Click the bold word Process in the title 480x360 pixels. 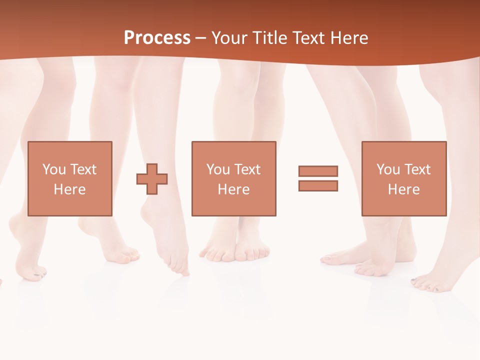(157, 38)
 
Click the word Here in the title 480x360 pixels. (349, 38)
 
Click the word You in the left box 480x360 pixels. (54, 169)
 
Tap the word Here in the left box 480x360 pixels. (69, 189)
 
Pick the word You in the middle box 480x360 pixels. (218, 169)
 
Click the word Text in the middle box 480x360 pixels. (246, 169)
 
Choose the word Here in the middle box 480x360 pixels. (233, 189)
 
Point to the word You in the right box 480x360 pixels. (388, 169)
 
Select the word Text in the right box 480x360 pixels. (416, 169)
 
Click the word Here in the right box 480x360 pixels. (403, 189)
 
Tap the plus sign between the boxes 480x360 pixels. (152, 179)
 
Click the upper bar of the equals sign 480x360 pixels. (318, 171)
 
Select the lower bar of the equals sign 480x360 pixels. (318, 186)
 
